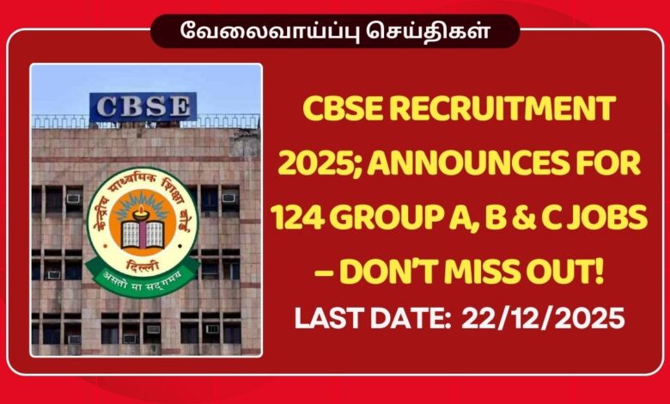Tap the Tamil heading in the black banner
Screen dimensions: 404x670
tap(335, 32)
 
